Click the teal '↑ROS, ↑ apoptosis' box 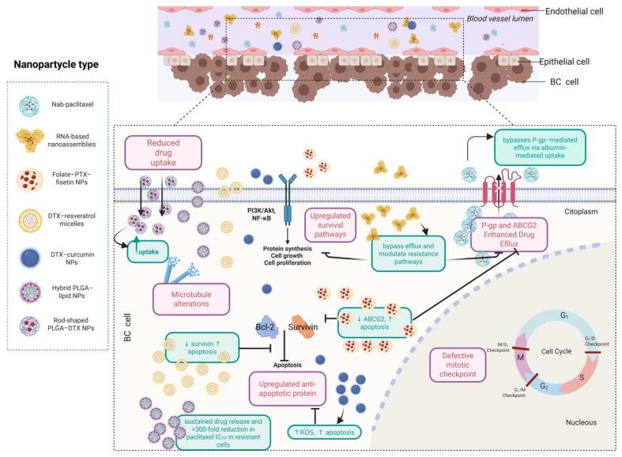(323, 432)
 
